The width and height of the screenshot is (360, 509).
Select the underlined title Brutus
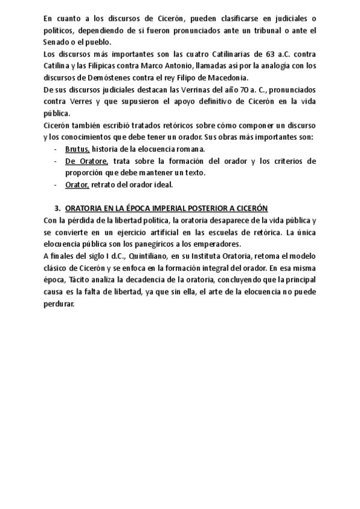click(77, 149)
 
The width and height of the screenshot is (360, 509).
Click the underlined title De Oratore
click(86, 161)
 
